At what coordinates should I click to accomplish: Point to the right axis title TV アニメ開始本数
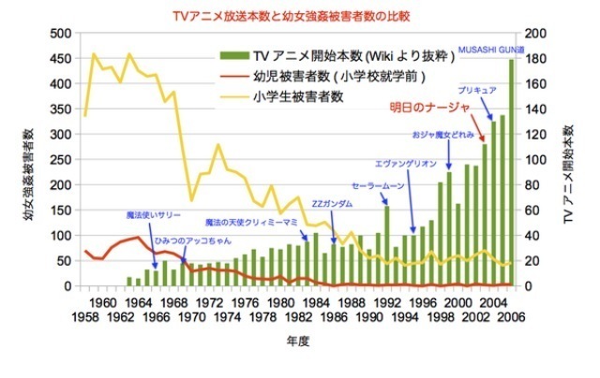(569, 178)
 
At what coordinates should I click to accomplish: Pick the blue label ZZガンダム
(331, 204)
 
